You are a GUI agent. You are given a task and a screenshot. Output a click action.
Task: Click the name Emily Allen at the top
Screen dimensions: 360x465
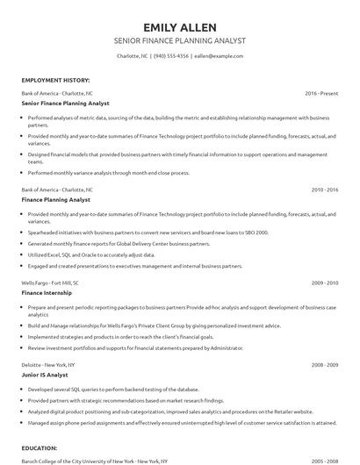(179, 26)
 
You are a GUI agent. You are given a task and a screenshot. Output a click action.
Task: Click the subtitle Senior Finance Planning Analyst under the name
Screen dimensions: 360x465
(179, 41)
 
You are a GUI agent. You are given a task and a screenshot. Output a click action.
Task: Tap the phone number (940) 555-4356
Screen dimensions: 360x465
(171, 56)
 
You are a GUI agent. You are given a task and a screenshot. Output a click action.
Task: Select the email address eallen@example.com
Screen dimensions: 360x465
(219, 56)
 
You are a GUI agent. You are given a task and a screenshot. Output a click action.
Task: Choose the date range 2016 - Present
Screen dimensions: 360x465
(320, 92)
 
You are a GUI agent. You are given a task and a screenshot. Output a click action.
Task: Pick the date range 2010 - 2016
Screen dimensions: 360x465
(324, 189)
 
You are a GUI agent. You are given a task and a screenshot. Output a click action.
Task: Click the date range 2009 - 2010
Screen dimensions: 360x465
(324, 283)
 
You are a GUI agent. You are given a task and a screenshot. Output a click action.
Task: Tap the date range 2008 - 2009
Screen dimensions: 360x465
(324, 363)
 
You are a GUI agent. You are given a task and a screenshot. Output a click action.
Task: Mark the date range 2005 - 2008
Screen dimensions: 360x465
(324, 460)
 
